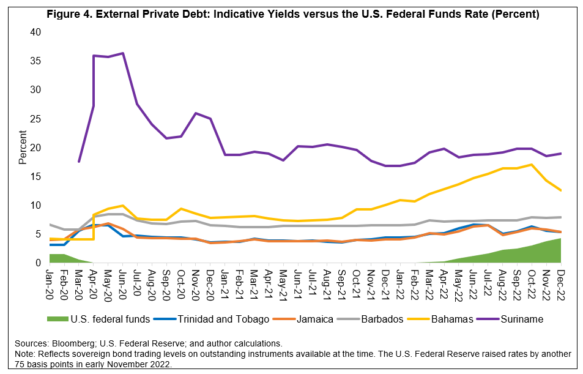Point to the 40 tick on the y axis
[x=36, y=32]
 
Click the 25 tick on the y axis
[x=36, y=119]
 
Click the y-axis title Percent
[x=22, y=148]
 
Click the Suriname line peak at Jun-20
[x=123, y=53]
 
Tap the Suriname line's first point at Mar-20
[x=79, y=162]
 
